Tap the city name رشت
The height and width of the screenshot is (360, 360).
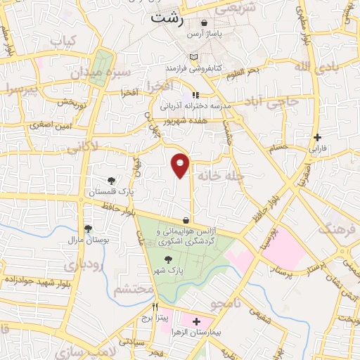167,20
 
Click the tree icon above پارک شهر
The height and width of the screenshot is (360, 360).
167,259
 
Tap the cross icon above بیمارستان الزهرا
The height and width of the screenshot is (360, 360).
196,321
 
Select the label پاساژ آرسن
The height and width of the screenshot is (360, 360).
204,33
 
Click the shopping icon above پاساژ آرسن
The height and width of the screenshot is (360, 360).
204,22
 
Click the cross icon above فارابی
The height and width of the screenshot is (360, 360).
318,137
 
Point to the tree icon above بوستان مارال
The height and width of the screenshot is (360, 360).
88,229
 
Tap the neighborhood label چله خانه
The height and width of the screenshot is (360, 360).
220,174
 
